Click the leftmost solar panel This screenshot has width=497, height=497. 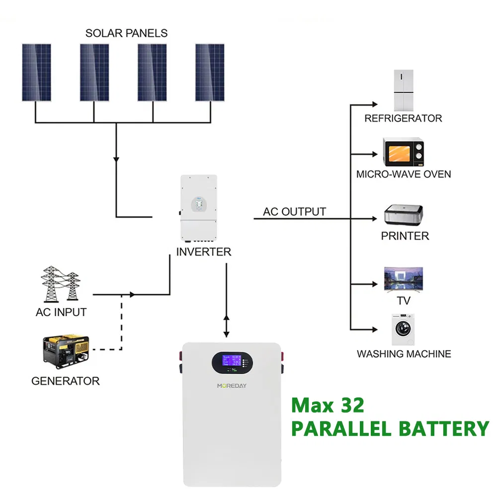click(36, 73)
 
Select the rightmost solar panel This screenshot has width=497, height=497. click(209, 73)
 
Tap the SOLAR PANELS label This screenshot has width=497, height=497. click(126, 33)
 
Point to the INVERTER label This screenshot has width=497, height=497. click(204, 252)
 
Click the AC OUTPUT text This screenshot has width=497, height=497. click(295, 212)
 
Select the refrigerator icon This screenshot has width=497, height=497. click(404, 90)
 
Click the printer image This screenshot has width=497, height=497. click(403, 215)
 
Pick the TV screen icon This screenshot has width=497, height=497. click(403, 280)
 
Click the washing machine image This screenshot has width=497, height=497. click(403, 329)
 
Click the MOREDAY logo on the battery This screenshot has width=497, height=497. click(231, 386)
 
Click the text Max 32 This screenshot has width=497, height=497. click(328, 406)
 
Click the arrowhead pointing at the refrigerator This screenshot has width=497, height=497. click(375, 105)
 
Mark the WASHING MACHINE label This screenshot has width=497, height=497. click(404, 354)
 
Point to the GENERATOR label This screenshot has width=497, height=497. click(65, 381)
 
